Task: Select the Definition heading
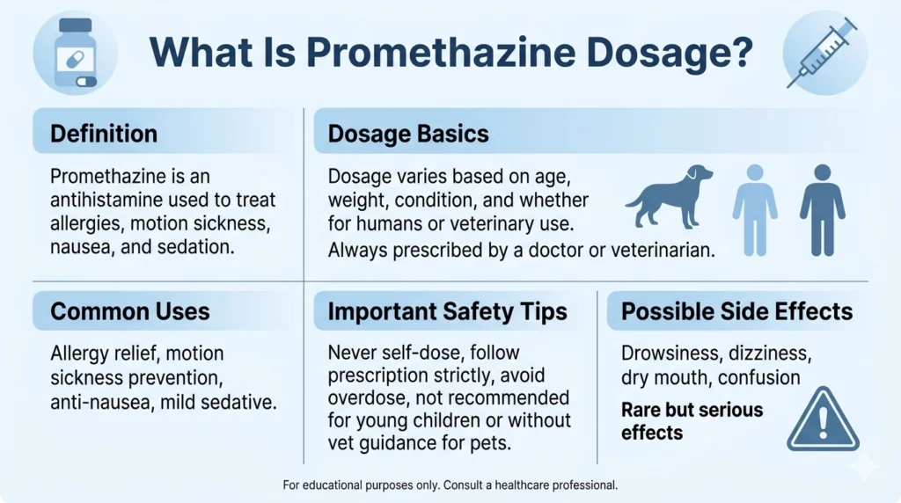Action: pos(104,134)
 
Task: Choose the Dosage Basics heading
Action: pos(408,134)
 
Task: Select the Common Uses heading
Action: pos(130,310)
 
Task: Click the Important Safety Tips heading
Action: pos(448,310)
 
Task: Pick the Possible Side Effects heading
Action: pos(736,310)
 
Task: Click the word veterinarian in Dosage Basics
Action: pos(652,250)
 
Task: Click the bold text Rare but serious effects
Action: pos(692,421)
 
